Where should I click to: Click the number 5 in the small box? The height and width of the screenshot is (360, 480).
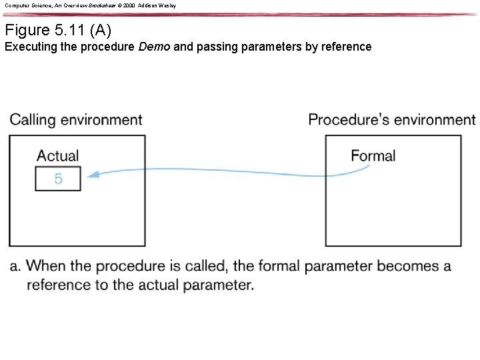click(59, 179)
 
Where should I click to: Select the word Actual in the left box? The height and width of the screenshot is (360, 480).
click(58, 156)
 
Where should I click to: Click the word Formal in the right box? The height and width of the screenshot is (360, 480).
click(373, 156)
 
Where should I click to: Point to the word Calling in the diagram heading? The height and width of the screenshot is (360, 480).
click(33, 120)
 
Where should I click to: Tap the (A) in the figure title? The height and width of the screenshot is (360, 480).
click(101, 30)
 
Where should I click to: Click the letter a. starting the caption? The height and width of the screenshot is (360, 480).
click(15, 267)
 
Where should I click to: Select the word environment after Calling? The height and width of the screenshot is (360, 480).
click(101, 120)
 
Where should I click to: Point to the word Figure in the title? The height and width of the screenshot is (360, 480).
click(27, 30)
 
